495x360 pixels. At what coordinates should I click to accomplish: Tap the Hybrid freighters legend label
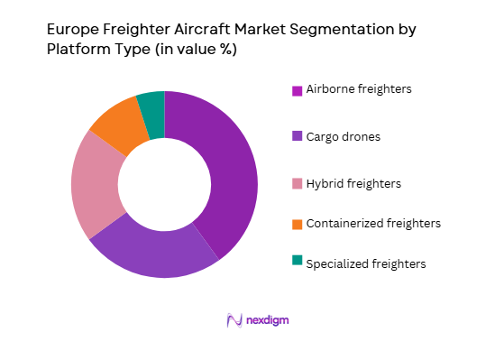[353, 183]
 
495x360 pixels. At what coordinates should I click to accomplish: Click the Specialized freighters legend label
[365, 263]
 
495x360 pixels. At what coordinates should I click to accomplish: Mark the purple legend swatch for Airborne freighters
[297, 90]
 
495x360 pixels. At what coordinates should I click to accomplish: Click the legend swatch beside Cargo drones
[297, 137]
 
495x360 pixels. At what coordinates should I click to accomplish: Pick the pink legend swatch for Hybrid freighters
[297, 184]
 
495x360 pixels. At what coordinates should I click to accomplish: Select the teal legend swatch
[297, 262]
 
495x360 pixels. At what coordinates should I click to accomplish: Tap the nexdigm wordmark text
[267, 319]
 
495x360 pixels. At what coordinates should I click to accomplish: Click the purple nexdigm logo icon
[233, 319]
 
